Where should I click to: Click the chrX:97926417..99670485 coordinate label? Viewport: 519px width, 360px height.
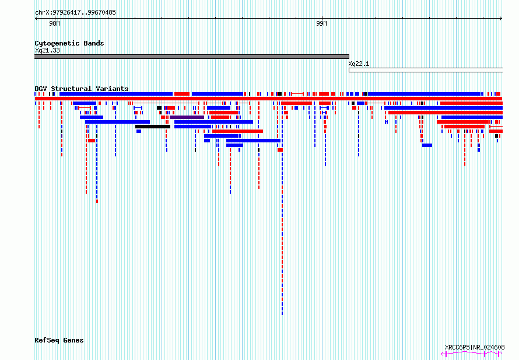tap(75, 13)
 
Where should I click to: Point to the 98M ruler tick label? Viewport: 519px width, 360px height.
tap(55, 23)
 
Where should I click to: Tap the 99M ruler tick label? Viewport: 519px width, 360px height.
tap(321, 23)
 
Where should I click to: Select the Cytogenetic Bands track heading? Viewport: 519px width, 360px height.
tap(69, 43)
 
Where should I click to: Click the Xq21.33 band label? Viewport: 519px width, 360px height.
tap(47, 50)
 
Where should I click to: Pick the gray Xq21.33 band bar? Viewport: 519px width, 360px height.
tap(192, 57)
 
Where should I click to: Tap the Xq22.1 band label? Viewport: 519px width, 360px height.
tap(359, 64)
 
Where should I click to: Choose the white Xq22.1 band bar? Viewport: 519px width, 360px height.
tap(426, 70)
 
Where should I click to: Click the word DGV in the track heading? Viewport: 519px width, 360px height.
tap(41, 89)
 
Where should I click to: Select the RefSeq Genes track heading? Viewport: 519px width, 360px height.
tap(59, 341)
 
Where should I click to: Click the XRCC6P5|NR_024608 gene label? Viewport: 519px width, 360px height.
tap(475, 347)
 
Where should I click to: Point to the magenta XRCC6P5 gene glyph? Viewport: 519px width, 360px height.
tap(471, 354)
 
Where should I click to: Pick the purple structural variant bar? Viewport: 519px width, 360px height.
tap(187, 117)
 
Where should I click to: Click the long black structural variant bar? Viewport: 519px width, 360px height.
tap(153, 127)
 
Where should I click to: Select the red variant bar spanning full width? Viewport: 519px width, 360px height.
tap(268, 99)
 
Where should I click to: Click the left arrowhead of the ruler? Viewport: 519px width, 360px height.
tap(36, 19)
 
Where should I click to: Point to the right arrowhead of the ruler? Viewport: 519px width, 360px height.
tap(501, 19)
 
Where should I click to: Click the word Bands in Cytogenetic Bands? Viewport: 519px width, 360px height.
tap(94, 43)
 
